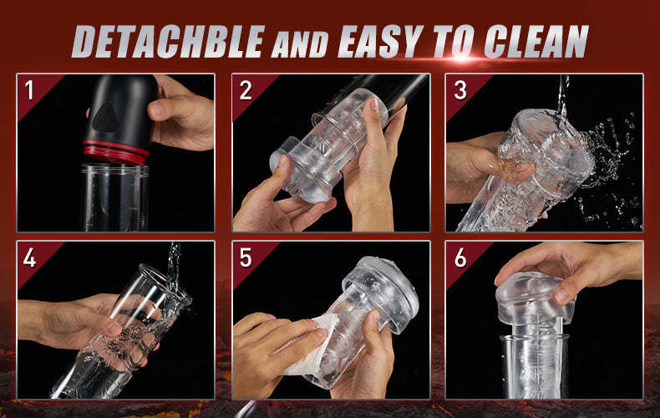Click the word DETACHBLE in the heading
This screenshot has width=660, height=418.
[169, 41]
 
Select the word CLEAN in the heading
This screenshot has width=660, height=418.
[536, 41]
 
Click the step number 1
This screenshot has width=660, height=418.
[29, 90]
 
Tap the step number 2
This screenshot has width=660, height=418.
[246, 90]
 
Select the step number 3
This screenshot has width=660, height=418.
[460, 90]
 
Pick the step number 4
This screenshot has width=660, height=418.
[29, 257]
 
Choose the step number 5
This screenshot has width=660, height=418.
[246, 257]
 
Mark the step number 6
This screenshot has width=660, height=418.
[460, 257]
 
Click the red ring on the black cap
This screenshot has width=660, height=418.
[115, 152]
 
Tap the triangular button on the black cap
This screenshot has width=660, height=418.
[104, 118]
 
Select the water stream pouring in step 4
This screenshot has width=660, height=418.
[173, 266]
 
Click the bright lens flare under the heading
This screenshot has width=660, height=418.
[462, 58]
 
